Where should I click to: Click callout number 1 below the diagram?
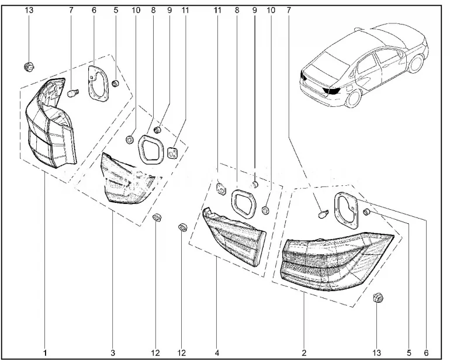(44, 353)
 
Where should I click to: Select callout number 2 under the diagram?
(304, 353)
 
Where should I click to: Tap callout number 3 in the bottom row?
(113, 353)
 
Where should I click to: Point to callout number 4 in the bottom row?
(217, 353)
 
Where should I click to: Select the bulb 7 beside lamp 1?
(74, 92)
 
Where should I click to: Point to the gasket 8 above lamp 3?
(150, 148)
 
